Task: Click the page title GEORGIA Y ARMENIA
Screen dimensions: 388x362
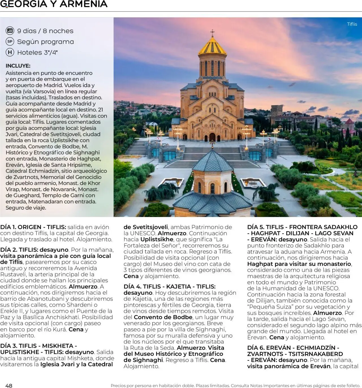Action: tap(54, 4)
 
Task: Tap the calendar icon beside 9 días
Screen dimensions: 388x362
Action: tap(10, 31)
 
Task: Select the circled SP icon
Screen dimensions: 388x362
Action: tap(10, 42)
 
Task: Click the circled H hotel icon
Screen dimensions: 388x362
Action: tap(10, 52)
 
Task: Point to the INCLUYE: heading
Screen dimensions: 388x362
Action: tap(18, 66)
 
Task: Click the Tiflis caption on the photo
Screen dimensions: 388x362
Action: tap(352, 24)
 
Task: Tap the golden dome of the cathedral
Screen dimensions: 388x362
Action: tap(212, 47)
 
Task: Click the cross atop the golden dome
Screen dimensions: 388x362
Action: tap(212, 32)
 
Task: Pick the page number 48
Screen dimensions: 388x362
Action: tap(9, 385)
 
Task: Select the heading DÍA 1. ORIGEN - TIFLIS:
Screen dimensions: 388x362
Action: tap(33, 227)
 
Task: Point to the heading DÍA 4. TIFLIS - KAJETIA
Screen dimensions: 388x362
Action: tap(169, 286)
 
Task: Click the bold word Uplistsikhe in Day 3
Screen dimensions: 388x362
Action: tap(157, 239)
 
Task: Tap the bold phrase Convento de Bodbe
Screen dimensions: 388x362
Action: tap(163, 317)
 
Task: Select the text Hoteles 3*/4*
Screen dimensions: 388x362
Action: tap(37, 52)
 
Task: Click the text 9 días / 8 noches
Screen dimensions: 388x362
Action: tap(45, 31)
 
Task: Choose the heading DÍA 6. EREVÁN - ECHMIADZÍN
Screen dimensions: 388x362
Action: tap(293, 348)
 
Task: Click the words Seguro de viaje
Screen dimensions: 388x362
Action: tap(26, 208)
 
